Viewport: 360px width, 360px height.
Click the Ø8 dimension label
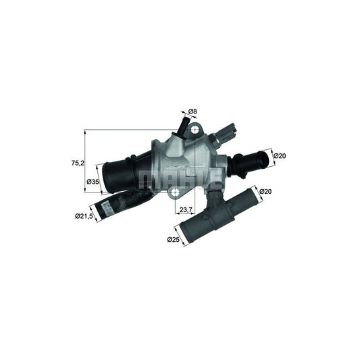pos(192,111)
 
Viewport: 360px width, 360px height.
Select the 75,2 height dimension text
pos(78,163)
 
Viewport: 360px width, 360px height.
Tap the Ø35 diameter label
pos(93,182)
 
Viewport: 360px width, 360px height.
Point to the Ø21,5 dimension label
pos(84,216)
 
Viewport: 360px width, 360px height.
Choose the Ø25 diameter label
pos(174,238)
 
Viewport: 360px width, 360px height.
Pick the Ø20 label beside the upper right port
pos(280,156)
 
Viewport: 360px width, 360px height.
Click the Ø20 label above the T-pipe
pos(265,191)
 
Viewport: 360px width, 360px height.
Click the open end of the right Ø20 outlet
pos(263,160)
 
